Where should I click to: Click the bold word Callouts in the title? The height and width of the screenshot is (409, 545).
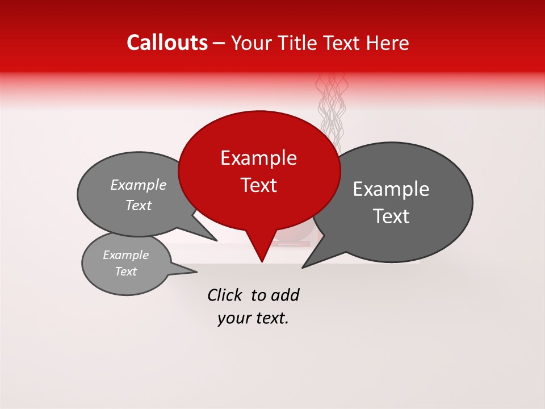coord(167,43)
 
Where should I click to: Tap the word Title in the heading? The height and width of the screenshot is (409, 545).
coord(295,43)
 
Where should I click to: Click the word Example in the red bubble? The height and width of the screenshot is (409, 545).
coord(258,158)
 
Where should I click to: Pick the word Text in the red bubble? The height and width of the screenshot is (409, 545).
coord(258,185)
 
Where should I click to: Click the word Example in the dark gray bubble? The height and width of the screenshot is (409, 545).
coord(391,189)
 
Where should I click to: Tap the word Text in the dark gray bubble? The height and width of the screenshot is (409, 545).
coord(391,216)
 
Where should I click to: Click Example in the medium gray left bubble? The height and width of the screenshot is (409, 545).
coord(139,185)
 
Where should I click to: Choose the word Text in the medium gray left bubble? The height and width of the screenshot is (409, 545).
coord(139,206)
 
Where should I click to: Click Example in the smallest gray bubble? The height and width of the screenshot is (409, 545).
coord(125,255)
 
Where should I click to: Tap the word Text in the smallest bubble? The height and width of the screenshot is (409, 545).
coord(125,272)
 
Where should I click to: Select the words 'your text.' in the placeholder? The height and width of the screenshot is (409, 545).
coord(253,318)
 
